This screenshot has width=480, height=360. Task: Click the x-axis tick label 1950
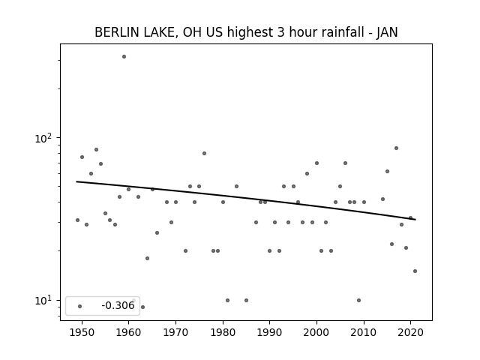pos(82,332)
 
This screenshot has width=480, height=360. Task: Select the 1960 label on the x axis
pos(128,332)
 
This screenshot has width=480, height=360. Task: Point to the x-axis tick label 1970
pos(175,332)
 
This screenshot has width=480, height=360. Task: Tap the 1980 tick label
pos(223,332)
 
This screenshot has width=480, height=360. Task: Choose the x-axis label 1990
pos(270,332)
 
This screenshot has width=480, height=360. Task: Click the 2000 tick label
pos(316,332)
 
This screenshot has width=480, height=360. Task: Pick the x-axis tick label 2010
pos(364,332)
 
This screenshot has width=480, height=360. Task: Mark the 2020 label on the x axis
pos(411,332)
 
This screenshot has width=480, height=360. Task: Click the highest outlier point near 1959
pos(124,57)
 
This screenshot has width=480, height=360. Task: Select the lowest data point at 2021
pos(415,271)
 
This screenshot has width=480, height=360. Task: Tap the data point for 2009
pos(358,300)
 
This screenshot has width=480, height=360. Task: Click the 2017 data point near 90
pos(397,148)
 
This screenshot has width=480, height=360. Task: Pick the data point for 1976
pos(204,153)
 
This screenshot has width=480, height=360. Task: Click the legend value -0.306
pos(118,305)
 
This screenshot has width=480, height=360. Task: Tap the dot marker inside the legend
pos(80,306)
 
